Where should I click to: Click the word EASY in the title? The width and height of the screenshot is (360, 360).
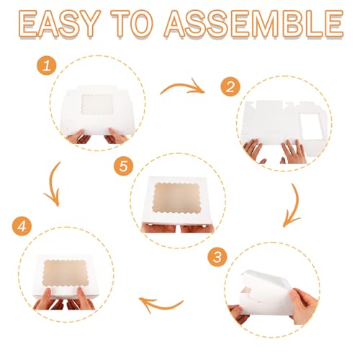pos(59,24)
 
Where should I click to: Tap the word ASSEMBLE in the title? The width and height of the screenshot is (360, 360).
pos(254,24)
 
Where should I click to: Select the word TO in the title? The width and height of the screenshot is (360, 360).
pos(132,24)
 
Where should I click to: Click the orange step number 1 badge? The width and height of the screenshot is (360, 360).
pos(47,65)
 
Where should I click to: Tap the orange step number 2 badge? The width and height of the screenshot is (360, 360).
pos(230,86)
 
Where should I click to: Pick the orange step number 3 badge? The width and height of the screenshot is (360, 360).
pos(217,257)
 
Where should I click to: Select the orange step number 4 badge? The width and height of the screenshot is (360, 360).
pos(22,226)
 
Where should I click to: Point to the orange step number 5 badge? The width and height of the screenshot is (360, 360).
pos(124,166)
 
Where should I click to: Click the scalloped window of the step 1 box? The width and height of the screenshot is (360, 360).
pos(97,104)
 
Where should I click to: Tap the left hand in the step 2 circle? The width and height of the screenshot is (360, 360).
pos(254,150)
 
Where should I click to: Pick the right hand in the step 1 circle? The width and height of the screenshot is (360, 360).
pos(117,136)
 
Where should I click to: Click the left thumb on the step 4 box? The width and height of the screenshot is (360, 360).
pos(46,299)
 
